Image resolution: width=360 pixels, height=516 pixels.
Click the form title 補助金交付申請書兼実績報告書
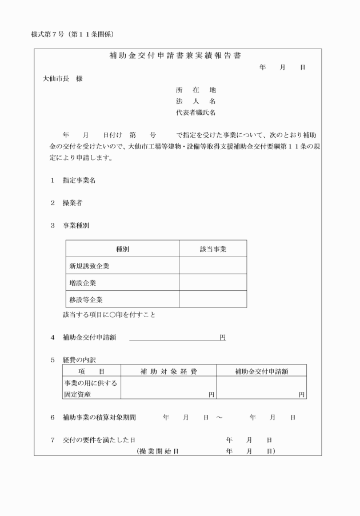click(x=175, y=56)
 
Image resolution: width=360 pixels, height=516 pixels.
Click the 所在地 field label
click(x=196, y=90)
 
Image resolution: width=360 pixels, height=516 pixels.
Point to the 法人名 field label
click(x=196, y=101)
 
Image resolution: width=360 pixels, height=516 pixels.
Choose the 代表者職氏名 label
click(x=196, y=113)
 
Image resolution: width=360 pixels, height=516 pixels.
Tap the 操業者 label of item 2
click(x=73, y=203)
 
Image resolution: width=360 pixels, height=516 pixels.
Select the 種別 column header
click(x=122, y=250)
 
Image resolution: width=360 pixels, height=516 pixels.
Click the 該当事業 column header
click(x=213, y=250)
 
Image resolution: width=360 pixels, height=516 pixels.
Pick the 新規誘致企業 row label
click(x=89, y=266)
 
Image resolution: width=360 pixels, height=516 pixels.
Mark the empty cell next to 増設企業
click(x=213, y=283)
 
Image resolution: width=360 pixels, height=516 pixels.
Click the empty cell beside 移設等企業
click(x=213, y=299)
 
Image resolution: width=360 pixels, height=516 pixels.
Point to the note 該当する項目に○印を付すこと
click(x=109, y=314)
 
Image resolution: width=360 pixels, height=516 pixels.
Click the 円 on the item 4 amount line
click(x=222, y=338)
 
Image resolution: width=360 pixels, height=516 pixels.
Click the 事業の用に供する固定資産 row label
click(x=91, y=389)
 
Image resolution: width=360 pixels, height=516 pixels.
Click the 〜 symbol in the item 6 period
click(x=219, y=418)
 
